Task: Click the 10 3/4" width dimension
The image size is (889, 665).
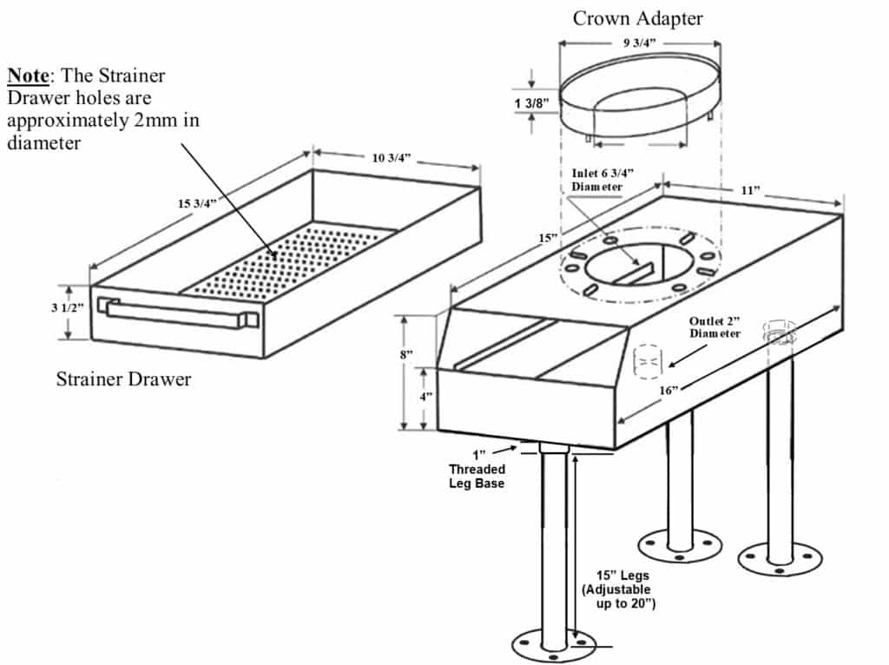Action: (391, 157)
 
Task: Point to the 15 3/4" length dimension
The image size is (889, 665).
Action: (197, 204)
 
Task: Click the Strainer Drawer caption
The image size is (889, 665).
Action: (123, 379)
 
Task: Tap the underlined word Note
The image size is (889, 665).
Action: (27, 75)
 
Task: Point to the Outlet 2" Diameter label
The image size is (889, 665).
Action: (714, 326)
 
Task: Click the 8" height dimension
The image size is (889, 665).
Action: (407, 355)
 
